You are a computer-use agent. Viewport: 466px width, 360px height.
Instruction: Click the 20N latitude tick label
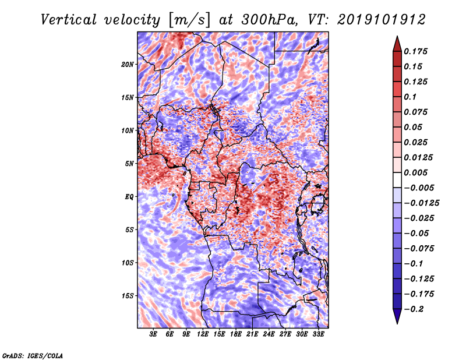coord(128,65)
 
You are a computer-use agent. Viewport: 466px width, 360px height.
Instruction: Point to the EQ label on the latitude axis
coord(129,197)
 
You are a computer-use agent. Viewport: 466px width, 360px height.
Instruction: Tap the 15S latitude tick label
coord(128,296)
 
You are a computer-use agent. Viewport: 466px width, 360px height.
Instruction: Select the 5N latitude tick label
coord(129,164)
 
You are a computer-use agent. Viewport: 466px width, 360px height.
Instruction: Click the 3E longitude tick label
coord(153,334)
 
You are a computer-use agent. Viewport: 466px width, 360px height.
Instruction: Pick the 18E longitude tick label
coord(236,334)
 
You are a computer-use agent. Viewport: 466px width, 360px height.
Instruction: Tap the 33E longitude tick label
coord(318,334)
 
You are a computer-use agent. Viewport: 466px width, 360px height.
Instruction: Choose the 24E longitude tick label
coord(269,334)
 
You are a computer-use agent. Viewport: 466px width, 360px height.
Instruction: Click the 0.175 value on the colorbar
coord(415,51)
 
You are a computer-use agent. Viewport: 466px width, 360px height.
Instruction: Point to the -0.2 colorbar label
coord(414,309)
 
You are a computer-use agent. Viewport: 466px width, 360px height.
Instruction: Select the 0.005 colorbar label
coord(415,172)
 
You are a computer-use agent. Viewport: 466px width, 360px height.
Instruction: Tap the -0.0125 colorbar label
coord(421,203)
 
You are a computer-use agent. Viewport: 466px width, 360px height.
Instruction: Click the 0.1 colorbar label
coord(410,97)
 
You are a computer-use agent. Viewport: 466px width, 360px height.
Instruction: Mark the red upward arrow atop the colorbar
coord(397,44)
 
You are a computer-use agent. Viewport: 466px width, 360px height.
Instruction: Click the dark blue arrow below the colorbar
coord(397,316)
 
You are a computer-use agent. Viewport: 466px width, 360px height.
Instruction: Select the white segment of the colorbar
coord(397,180)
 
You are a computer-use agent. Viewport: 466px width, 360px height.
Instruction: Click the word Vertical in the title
coord(69,20)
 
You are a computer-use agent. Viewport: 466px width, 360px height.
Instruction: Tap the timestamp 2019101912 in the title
coord(382,20)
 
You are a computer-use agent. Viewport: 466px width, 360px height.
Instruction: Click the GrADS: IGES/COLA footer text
coord(33,356)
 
